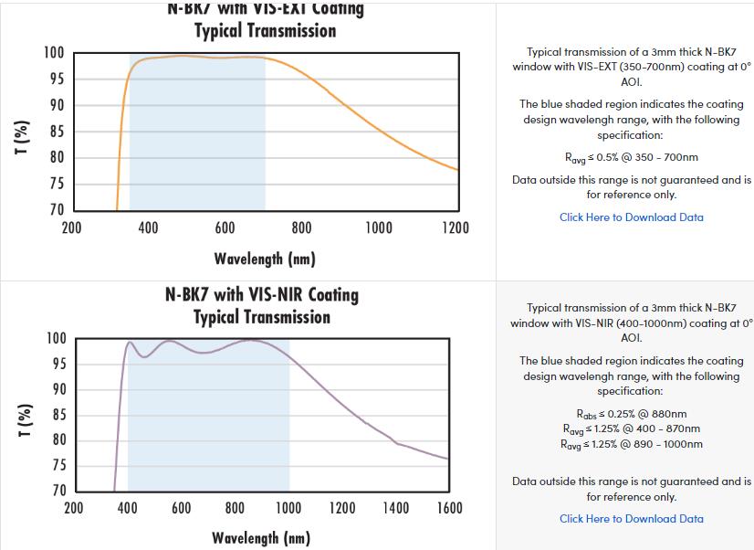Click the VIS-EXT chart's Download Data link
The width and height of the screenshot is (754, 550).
[x=631, y=217]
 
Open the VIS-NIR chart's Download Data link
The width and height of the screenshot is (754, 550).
[x=631, y=519]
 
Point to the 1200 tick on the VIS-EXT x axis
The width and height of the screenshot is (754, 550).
[x=455, y=227]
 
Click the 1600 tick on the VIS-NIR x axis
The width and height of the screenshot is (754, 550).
[x=449, y=508]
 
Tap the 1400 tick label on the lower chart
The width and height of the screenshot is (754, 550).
[x=395, y=508]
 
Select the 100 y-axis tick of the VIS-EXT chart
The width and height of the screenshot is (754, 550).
[x=54, y=53]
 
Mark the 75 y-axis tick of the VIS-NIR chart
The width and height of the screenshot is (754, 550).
[x=58, y=465]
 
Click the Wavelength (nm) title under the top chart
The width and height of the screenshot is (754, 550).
[x=265, y=259]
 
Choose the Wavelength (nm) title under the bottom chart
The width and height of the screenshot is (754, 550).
[x=261, y=537]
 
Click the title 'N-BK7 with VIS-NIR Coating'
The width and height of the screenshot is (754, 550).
[x=261, y=295]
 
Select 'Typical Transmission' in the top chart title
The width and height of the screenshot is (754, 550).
[x=265, y=30]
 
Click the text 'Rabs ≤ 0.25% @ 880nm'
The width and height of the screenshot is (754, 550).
[x=631, y=414]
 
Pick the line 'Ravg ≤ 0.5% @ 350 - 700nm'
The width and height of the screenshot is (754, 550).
[x=631, y=157]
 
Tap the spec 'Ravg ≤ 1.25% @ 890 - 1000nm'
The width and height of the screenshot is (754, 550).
[x=631, y=444]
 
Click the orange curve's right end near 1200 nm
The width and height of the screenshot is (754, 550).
[x=456, y=169]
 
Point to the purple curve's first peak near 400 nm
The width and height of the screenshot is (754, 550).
[x=130, y=343]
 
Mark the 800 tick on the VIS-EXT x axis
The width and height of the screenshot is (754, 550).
[x=301, y=227]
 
